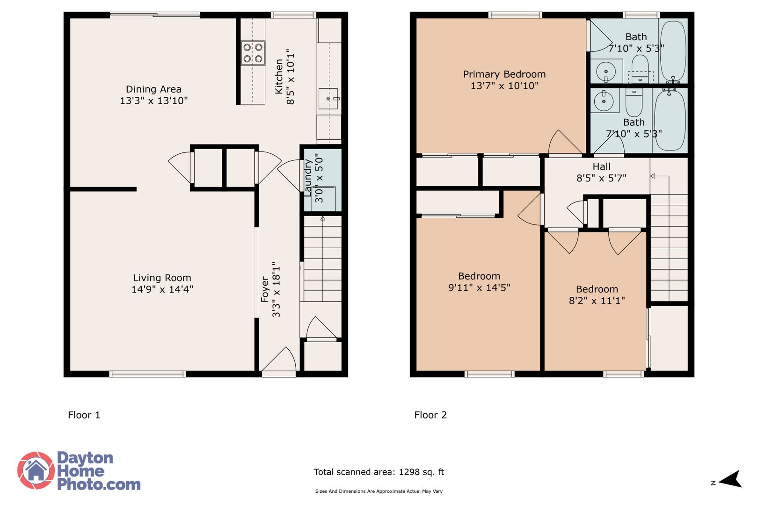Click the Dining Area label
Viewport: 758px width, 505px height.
pos(153,89)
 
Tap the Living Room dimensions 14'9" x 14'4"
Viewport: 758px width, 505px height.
pos(162,289)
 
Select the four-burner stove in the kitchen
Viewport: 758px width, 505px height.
pos(253,53)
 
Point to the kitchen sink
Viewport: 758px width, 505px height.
pos(328,99)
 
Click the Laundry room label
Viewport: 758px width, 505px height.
pos(307,178)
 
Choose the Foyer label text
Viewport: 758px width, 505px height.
pos(265,289)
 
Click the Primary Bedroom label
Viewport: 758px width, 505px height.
pos(504,74)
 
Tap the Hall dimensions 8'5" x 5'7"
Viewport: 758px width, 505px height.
pos(601,178)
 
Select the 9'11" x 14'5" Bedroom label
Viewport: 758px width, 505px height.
pos(479,282)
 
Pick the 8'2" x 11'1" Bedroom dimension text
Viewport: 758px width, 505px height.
pos(597,301)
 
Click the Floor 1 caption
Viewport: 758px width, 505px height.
pos(84,415)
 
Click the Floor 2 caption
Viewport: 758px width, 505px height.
pos(430,415)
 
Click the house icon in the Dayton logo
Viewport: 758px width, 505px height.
pos(36,470)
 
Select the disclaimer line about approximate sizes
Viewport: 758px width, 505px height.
pos(379,491)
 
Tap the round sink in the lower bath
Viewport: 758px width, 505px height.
pos(605,101)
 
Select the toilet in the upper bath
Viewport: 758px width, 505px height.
pos(640,68)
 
